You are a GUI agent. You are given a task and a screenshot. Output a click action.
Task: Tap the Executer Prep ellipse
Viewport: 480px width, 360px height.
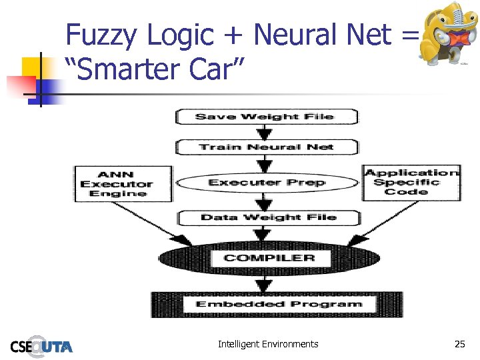tap(267, 182)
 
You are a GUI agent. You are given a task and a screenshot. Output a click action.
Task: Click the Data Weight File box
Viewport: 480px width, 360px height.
tap(268, 217)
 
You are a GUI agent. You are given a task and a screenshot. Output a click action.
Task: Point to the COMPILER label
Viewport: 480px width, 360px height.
tap(269, 257)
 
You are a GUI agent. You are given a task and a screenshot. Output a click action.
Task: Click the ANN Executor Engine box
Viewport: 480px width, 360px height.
tap(123, 183)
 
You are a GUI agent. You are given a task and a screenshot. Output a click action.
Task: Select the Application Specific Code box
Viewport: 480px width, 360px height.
tap(410, 182)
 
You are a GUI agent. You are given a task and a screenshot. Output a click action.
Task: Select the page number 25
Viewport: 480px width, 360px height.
tap(459, 344)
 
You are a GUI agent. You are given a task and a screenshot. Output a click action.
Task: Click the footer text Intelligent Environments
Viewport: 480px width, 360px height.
tap(268, 344)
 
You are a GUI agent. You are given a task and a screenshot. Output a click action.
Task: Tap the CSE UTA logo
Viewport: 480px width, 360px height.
tap(41, 345)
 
